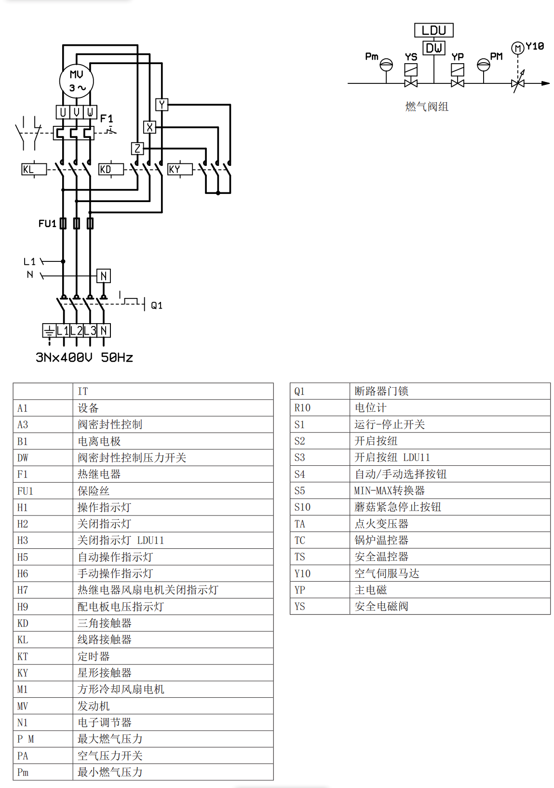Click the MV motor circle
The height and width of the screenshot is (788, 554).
pyautogui.click(x=76, y=81)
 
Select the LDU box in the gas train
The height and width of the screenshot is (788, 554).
pyautogui.click(x=433, y=30)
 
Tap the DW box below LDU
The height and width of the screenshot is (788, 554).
pyautogui.click(x=433, y=48)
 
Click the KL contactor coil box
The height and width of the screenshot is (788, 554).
pyautogui.click(x=34, y=169)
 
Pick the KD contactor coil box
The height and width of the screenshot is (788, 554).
pyautogui.click(x=110, y=169)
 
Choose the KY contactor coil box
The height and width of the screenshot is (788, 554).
pyautogui.click(x=179, y=169)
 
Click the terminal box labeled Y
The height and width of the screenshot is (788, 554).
pyautogui.click(x=162, y=105)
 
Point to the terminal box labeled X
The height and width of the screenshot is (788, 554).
pyautogui.click(x=149, y=127)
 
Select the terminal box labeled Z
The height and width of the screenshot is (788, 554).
pyautogui.click(x=137, y=149)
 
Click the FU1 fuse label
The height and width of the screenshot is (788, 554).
pyautogui.click(x=47, y=224)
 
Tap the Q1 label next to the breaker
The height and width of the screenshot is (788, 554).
pyautogui.click(x=157, y=305)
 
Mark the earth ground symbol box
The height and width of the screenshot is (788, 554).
pyautogui.click(x=49, y=330)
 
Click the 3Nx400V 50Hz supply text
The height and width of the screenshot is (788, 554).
pyautogui.click(x=84, y=357)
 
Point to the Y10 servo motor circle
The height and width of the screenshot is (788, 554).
pyautogui.click(x=517, y=48)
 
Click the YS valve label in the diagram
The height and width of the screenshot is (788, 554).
pyautogui.click(x=411, y=57)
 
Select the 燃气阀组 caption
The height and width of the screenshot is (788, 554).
pyautogui.click(x=427, y=107)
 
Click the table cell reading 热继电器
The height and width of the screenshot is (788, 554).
pyautogui.click(x=99, y=474)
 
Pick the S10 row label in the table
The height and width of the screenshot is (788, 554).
pyautogui.click(x=303, y=507)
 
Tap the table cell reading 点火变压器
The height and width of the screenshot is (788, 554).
pyautogui.click(x=381, y=524)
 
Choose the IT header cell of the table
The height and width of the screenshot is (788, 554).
pyautogui.click(x=83, y=391)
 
